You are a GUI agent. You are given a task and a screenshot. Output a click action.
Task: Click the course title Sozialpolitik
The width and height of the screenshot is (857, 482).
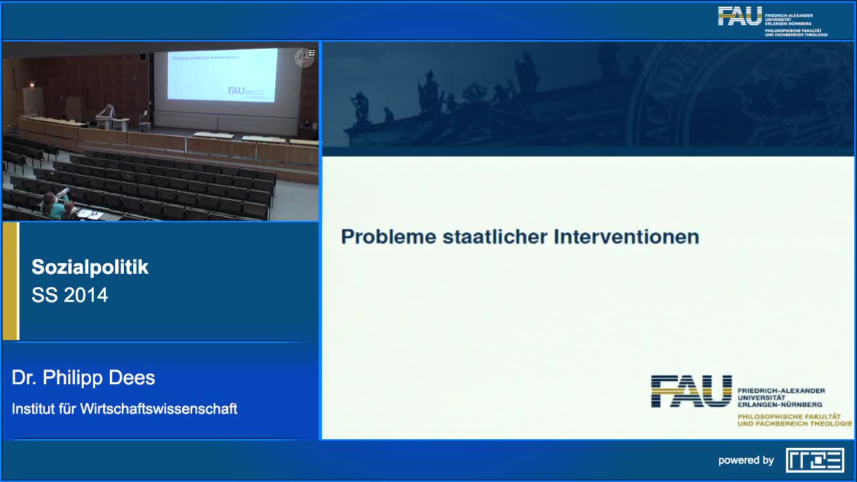[90, 267]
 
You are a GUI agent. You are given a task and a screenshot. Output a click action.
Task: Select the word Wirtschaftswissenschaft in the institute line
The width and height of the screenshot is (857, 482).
[159, 408]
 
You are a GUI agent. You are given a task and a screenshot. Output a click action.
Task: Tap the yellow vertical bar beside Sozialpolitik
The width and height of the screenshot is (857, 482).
[10, 281]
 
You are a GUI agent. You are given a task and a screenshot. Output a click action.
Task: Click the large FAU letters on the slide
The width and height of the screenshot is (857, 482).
[691, 391]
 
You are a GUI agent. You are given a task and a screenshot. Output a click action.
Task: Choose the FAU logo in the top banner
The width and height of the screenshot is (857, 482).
[739, 16]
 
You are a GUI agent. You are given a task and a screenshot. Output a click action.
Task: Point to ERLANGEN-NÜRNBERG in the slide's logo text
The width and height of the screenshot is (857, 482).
[780, 404]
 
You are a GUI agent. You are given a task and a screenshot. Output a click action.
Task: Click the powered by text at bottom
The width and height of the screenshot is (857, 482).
[746, 461]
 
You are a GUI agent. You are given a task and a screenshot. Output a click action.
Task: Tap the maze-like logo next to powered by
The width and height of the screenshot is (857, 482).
[815, 461]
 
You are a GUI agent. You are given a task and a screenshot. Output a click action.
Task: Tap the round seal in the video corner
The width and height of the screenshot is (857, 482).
[305, 58]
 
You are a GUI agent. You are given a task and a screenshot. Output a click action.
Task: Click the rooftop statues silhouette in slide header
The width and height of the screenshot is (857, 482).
[469, 97]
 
